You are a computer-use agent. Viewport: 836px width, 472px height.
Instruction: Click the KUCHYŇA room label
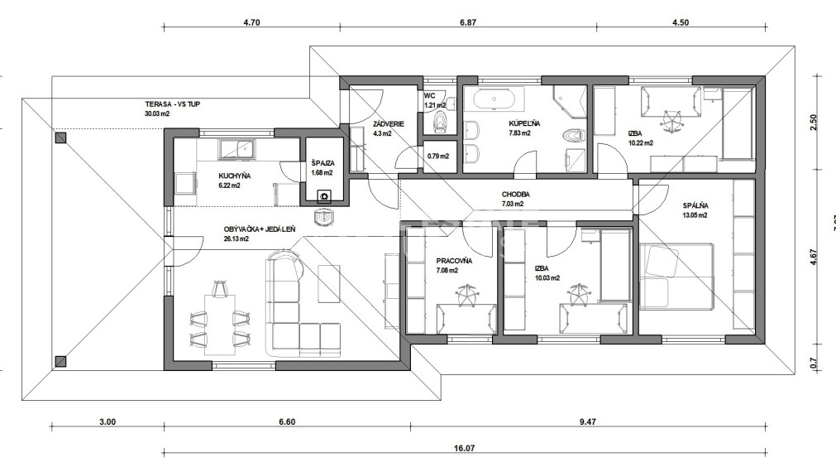coord(235,176)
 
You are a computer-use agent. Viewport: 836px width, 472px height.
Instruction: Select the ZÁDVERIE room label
coord(365,123)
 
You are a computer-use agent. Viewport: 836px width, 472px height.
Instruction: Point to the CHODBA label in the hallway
coord(515,195)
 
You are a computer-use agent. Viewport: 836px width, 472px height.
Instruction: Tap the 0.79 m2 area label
coord(438,156)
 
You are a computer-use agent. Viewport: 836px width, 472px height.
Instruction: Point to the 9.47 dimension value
coord(587,421)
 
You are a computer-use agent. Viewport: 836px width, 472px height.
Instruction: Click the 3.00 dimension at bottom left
coord(107,421)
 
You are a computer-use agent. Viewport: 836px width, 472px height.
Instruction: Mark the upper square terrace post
coord(60,138)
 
